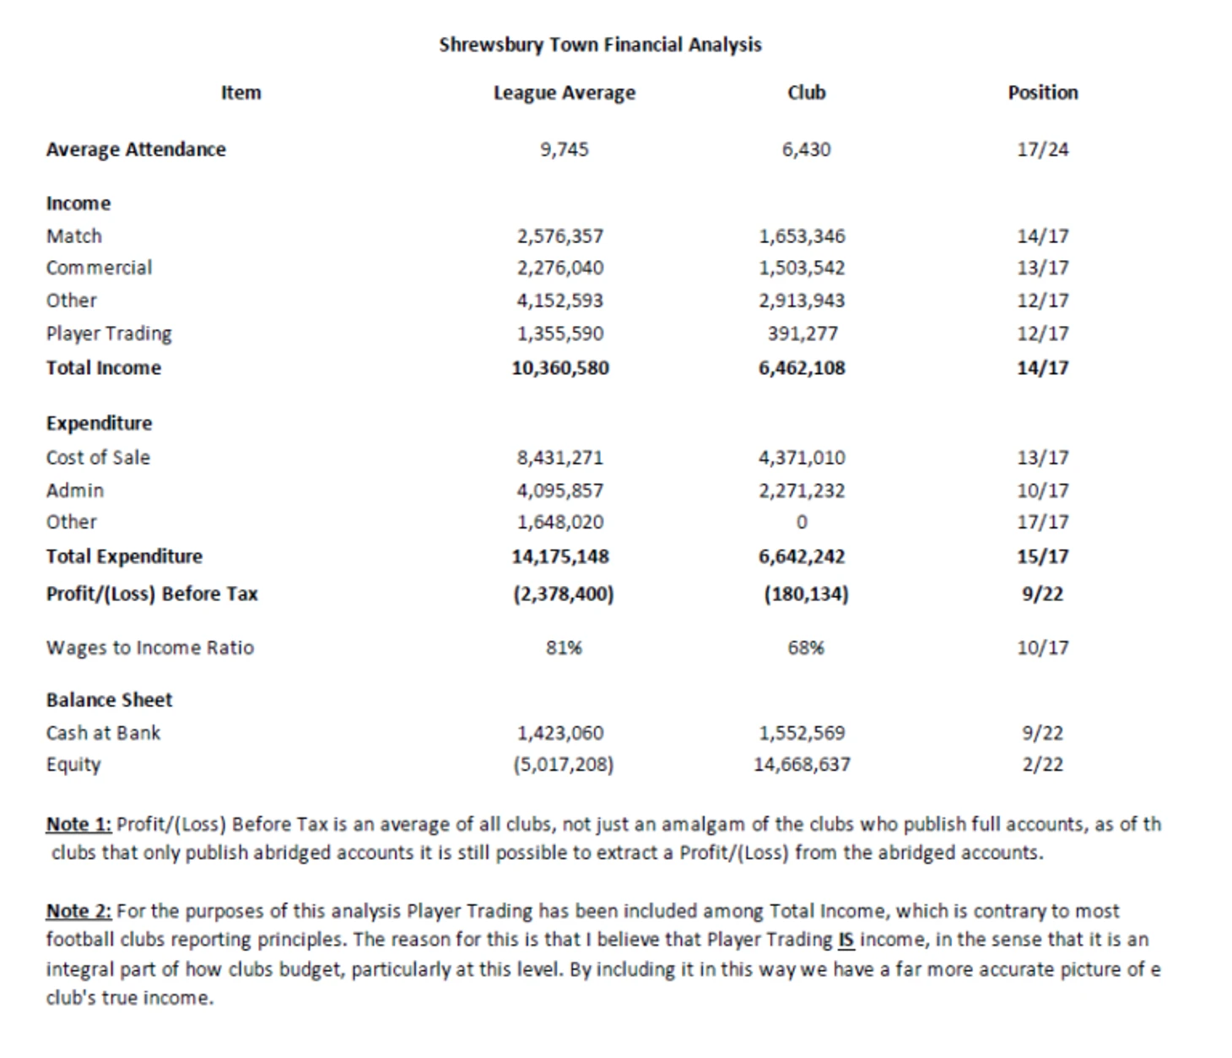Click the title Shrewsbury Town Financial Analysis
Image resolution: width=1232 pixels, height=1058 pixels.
600,45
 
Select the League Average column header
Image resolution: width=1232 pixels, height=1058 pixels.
564,93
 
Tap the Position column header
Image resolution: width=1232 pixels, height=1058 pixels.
1042,93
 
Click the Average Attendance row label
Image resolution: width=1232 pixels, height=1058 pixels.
136,149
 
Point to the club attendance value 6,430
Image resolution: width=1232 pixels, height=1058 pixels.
806,149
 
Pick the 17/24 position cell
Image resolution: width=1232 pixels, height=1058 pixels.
1042,149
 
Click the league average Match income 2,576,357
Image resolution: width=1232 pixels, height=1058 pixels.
560,236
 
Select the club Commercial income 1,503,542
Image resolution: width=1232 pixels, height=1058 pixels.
802,268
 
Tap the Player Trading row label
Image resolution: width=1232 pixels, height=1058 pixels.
109,334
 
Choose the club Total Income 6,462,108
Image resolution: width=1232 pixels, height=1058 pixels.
802,368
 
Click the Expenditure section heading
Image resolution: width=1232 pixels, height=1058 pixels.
99,423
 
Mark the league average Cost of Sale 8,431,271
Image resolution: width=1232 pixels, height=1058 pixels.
560,458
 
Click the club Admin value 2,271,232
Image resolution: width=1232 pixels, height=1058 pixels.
802,491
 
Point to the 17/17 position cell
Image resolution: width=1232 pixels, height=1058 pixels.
1042,523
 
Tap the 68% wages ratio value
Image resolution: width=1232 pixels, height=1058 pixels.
806,648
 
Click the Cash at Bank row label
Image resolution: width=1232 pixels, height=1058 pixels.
103,733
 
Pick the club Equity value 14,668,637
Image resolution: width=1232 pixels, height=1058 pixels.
802,765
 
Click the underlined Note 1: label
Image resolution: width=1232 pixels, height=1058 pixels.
78,824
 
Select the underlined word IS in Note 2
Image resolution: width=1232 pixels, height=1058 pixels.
846,940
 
